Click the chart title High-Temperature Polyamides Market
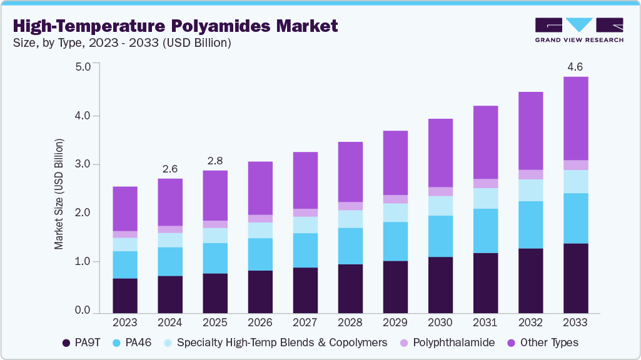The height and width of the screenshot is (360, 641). pos(175,26)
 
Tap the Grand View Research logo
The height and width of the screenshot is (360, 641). pos(578,30)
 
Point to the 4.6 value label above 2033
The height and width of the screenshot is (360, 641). pos(575,66)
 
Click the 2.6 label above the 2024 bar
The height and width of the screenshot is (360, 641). pos(170,169)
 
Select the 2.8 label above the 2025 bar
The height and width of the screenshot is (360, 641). pos(215,161)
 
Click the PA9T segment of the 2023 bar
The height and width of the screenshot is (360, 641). pos(125,296)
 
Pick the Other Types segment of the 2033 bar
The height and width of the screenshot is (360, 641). pos(575,119)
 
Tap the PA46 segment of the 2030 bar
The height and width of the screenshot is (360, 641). pos(440,236)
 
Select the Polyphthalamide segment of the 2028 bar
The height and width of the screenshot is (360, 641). pos(350,206)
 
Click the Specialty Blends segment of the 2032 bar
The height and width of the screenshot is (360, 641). pos(530,190)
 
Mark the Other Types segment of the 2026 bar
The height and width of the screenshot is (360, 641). pos(260,188)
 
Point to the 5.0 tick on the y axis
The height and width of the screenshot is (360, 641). pos(83,66)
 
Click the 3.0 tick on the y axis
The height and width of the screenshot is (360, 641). pos(83,164)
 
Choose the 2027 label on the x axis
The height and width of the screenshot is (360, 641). pos(305,323)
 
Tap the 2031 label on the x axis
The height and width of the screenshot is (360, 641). pos(485,323)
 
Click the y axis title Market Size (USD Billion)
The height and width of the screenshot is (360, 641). pos(59,194)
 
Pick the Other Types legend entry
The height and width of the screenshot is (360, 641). pos(543,342)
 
